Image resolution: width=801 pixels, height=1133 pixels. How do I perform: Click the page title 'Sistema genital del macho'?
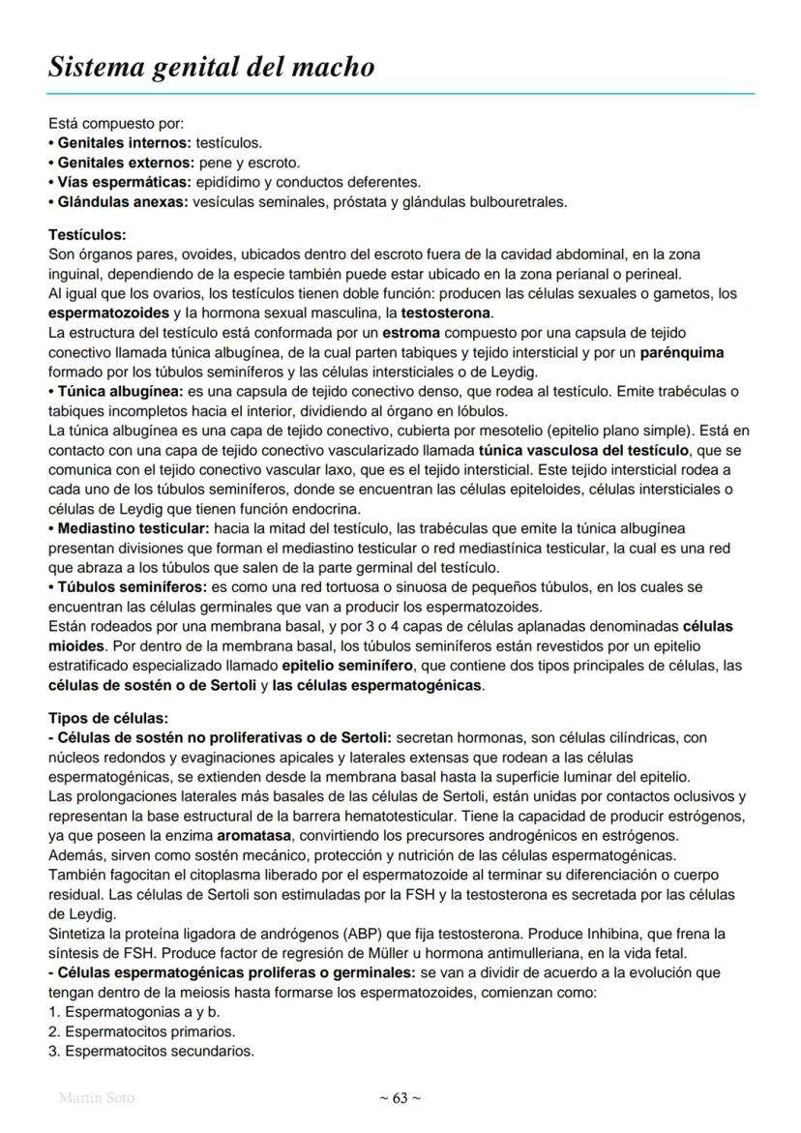[211, 68]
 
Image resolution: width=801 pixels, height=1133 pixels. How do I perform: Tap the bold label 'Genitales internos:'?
[123, 142]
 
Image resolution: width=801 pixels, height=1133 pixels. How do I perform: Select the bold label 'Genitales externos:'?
[124, 162]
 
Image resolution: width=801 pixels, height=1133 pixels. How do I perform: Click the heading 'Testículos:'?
[87, 235]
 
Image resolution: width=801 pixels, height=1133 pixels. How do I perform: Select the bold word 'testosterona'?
[446, 313]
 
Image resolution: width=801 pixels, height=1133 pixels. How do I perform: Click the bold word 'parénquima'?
[681, 352]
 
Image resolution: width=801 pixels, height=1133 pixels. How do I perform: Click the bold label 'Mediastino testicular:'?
[133, 528]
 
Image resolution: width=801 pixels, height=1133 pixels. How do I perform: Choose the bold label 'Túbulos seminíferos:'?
[129, 587]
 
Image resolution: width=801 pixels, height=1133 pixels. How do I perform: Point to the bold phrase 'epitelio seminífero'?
[346, 666]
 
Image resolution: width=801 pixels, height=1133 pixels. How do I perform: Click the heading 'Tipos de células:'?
[107, 718]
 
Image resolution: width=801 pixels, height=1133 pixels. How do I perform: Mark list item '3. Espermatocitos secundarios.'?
[151, 1051]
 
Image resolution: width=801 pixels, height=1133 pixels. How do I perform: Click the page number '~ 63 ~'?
[400, 1097]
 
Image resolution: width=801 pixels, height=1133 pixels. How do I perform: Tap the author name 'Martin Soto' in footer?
[97, 1097]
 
